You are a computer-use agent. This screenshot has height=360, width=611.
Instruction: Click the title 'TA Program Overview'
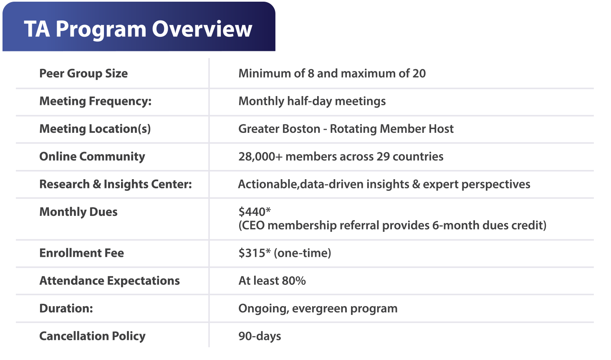[x=138, y=30]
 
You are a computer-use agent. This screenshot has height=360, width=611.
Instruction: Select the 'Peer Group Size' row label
[x=83, y=74]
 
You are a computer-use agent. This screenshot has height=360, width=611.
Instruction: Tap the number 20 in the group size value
[x=419, y=74]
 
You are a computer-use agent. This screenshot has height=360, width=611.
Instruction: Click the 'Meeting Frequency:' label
[x=96, y=101]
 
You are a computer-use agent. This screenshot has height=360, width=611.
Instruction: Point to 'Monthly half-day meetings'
[x=312, y=101]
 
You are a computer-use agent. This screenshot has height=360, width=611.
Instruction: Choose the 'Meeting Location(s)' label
[x=95, y=129]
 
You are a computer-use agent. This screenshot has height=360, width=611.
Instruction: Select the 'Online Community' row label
[x=92, y=157]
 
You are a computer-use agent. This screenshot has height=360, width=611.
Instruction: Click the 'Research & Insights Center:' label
[x=116, y=184]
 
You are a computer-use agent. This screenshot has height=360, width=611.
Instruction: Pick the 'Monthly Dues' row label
[x=78, y=212]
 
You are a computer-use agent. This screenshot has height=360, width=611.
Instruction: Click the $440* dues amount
[x=255, y=211]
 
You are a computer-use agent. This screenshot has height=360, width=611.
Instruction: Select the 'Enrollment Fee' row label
[x=81, y=253]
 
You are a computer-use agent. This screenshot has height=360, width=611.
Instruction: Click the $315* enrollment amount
[x=255, y=253]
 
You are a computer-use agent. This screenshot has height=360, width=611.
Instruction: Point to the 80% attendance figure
[x=294, y=281]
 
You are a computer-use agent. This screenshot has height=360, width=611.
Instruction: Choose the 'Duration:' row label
[x=66, y=308]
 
